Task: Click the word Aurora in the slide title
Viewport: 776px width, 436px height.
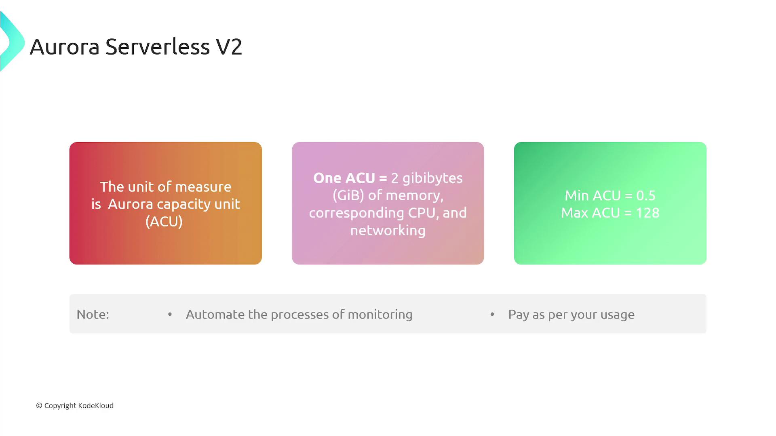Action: (65, 47)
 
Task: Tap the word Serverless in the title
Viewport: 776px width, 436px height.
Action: (158, 47)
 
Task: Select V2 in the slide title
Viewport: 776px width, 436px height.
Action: (229, 47)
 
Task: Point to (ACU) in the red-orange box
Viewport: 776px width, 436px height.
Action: (164, 222)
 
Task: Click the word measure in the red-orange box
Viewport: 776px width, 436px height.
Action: (203, 187)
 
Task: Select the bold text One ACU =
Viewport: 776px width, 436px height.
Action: (350, 178)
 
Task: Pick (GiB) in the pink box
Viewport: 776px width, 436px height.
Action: (348, 196)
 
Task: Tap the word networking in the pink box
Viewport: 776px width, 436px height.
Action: (388, 231)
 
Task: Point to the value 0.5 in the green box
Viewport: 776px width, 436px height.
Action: (646, 196)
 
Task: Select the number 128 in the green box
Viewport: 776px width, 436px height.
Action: (647, 213)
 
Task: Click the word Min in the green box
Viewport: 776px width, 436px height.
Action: (577, 196)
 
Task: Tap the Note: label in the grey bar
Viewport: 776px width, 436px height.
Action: (93, 314)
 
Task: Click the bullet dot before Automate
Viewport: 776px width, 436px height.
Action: (170, 314)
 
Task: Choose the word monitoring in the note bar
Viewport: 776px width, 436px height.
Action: (380, 315)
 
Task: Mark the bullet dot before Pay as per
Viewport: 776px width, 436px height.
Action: (492, 314)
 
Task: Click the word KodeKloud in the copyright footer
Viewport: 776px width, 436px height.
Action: (96, 406)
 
